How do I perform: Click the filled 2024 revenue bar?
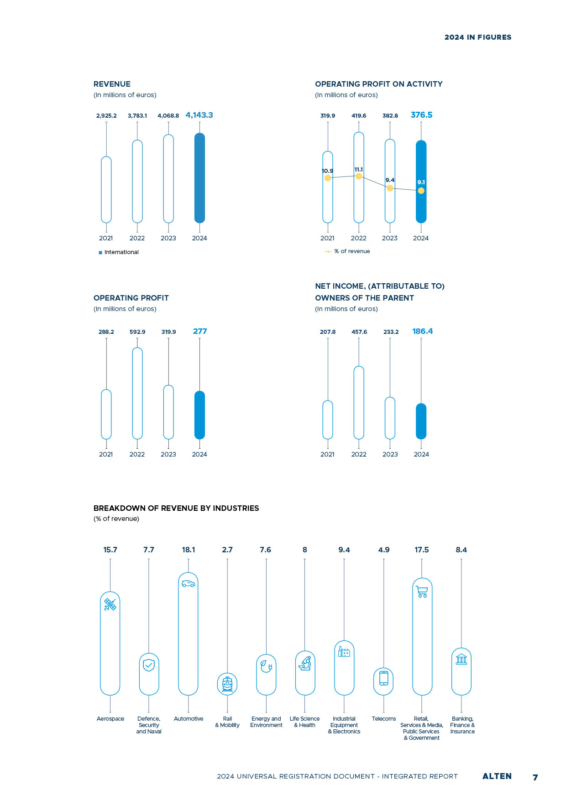[199, 178]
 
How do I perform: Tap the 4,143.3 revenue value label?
[199, 115]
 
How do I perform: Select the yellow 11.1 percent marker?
[359, 176]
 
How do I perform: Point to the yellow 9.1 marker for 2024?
[421, 191]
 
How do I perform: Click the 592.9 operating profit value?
[137, 332]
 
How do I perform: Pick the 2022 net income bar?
[359, 403]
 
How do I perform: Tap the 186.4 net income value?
[423, 331]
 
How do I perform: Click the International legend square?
[100, 252]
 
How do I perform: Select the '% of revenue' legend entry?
[347, 251]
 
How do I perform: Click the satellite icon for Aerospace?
[110, 605]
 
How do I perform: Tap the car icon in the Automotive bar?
[188, 583]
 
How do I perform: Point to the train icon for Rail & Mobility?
[227, 684]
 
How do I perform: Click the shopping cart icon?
[422, 592]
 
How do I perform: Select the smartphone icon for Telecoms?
[384, 678]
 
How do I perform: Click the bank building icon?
[461, 659]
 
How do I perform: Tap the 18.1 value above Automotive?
[189, 550]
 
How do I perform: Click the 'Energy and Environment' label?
[266, 722]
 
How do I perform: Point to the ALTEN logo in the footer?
[497, 776]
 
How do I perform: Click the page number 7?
[535, 777]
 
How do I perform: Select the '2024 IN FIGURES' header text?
[478, 37]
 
